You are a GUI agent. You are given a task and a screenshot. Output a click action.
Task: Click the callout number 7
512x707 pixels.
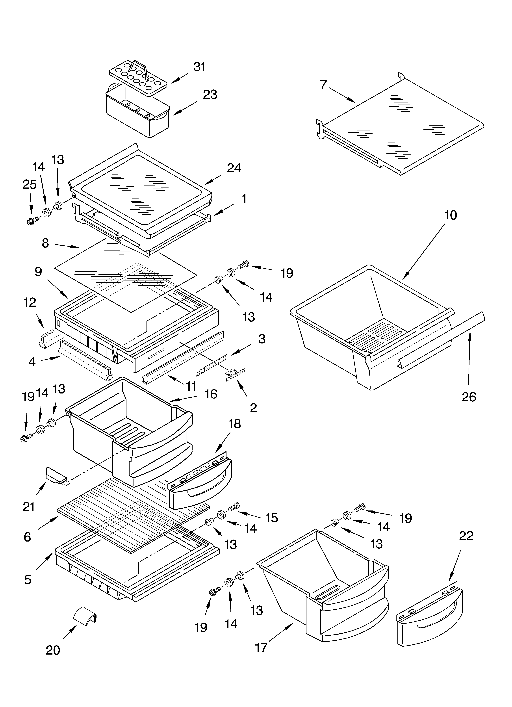point(323,85)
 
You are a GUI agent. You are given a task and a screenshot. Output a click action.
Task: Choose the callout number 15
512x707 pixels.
point(272,518)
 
